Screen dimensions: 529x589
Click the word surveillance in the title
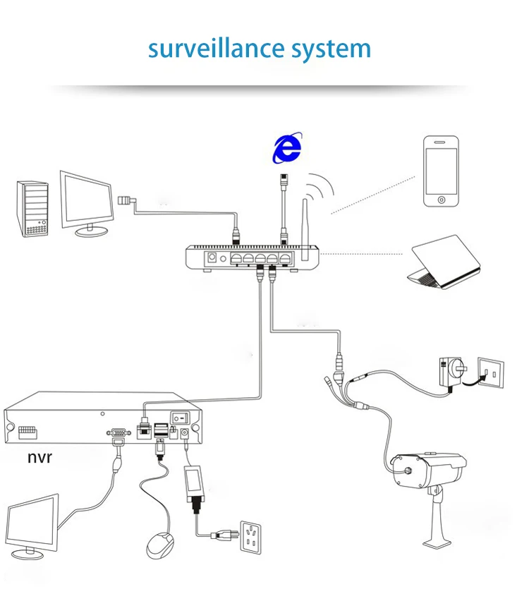(x=216, y=48)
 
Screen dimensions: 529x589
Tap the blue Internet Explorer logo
(x=287, y=147)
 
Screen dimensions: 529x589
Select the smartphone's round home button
(x=442, y=200)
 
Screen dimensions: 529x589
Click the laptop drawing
(x=444, y=262)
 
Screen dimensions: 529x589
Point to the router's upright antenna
(x=305, y=230)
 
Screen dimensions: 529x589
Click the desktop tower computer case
(x=32, y=209)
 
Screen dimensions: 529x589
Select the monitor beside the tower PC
(x=87, y=204)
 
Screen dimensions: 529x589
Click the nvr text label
(x=39, y=458)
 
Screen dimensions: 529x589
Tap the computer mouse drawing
(x=159, y=545)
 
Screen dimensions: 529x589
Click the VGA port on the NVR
(x=118, y=432)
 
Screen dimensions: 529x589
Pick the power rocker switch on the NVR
(x=181, y=417)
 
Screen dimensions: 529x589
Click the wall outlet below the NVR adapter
(x=250, y=537)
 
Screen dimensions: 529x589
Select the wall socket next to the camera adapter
(x=491, y=372)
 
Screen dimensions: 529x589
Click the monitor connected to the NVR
(x=32, y=526)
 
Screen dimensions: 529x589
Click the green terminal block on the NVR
(x=28, y=432)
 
